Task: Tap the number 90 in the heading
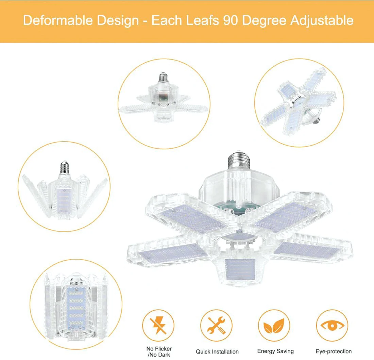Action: click(231, 20)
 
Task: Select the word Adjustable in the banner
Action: click(322, 20)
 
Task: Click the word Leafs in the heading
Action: click(203, 20)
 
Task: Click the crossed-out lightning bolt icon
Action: click(158, 325)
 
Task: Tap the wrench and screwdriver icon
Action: click(216, 325)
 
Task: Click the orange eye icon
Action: click(332, 325)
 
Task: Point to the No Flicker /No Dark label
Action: click(159, 351)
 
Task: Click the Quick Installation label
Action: click(217, 351)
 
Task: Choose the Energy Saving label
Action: click(275, 351)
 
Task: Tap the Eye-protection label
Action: click(334, 351)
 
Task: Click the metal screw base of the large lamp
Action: click(239, 160)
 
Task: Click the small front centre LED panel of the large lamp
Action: click(240, 269)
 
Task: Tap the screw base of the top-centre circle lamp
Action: click(163, 77)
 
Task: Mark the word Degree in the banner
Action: click(264, 20)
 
